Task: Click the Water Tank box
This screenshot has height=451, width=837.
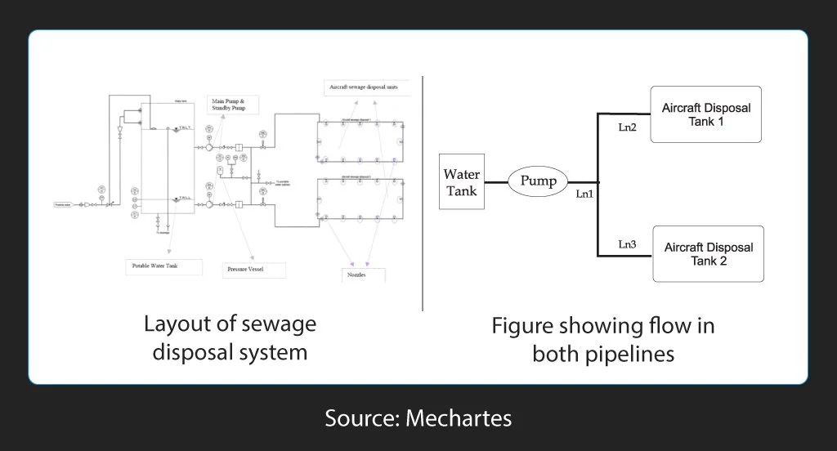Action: tap(461, 181)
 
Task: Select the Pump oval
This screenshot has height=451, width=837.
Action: tap(538, 181)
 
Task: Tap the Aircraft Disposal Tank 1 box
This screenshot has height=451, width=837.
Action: tap(705, 114)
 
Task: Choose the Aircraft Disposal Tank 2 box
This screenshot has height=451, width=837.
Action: tap(707, 254)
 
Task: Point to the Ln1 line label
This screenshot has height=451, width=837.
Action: tap(584, 194)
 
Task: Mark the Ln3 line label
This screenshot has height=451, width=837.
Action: tap(627, 244)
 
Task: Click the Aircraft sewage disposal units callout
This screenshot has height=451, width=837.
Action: tap(363, 87)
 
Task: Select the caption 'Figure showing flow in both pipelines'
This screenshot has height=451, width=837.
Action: tap(602, 339)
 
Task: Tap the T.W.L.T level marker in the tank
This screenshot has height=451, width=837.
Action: tap(185, 128)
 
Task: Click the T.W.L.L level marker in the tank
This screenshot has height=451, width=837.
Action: tap(185, 199)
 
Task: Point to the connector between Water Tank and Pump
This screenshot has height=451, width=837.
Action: tap(496, 181)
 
